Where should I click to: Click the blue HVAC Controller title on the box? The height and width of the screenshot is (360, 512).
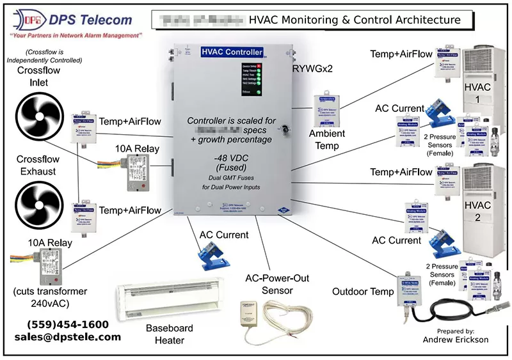point(232,52)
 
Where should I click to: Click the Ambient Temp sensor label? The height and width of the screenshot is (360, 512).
point(328,139)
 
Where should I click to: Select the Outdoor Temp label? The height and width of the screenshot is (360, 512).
point(362,292)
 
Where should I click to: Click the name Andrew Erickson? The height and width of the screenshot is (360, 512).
point(456,340)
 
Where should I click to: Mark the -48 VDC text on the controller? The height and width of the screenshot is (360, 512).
point(232,158)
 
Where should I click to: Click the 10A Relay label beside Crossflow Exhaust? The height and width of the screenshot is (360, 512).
point(44,243)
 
